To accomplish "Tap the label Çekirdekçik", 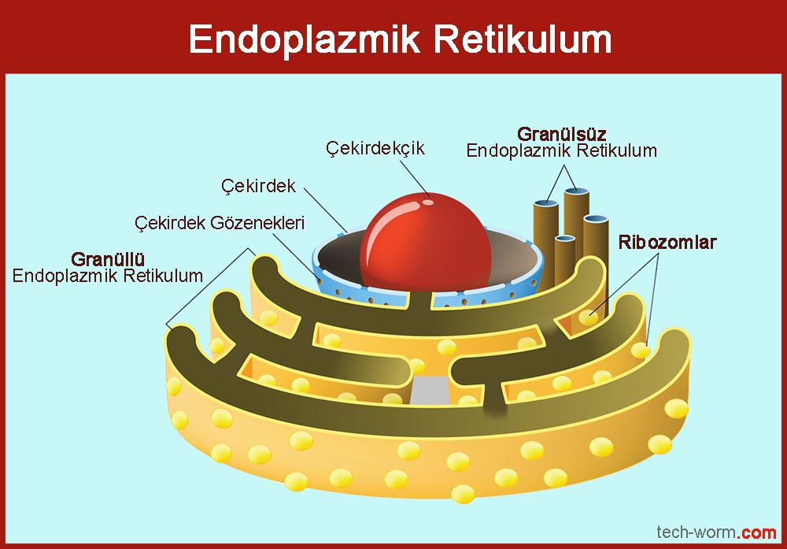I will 375,148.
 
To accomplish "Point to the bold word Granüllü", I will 109,259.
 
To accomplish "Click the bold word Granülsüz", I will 561,133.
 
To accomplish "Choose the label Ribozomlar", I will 667,242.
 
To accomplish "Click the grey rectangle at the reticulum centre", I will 430,389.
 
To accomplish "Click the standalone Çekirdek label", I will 258,186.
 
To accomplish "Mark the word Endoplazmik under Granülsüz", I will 512,150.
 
